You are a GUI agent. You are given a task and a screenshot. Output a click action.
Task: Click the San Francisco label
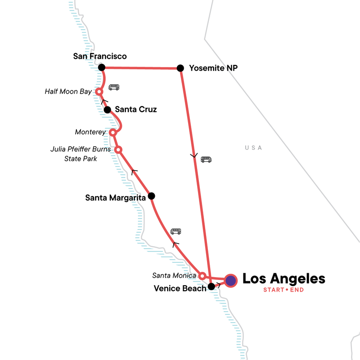pos(100,56)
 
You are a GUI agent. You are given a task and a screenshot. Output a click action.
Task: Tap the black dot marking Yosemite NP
pos(180,68)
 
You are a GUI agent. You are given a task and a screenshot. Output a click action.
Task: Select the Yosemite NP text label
pos(214,68)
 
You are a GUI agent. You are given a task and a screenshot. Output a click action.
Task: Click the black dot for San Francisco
pos(102,67)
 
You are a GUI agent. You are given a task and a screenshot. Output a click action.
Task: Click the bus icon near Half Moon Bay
pos(114,87)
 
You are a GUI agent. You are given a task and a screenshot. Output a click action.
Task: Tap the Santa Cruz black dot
pos(107,110)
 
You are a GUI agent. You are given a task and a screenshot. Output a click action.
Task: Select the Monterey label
pos(90,132)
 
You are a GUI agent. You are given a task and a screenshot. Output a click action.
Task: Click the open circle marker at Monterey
pos(113,132)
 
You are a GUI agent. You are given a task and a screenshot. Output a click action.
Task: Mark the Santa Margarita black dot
pos(151,196)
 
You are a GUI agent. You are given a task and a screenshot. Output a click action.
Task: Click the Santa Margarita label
pos(115,197)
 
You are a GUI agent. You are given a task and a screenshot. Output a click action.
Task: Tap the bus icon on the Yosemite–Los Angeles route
pos(206,159)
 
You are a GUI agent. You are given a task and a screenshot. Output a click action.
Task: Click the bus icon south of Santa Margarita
pos(175,232)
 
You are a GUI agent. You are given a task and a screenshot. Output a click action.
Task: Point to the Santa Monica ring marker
pos(202,275)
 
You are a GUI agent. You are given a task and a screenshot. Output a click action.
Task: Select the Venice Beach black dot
pos(211,286)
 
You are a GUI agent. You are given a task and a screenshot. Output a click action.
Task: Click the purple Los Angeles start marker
pos(231,281)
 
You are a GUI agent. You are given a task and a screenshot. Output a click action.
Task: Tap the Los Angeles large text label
pos(283,279)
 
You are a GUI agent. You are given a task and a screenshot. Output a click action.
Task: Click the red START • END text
pos(283,290)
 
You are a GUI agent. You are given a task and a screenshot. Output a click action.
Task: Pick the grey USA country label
pos(253,148)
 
